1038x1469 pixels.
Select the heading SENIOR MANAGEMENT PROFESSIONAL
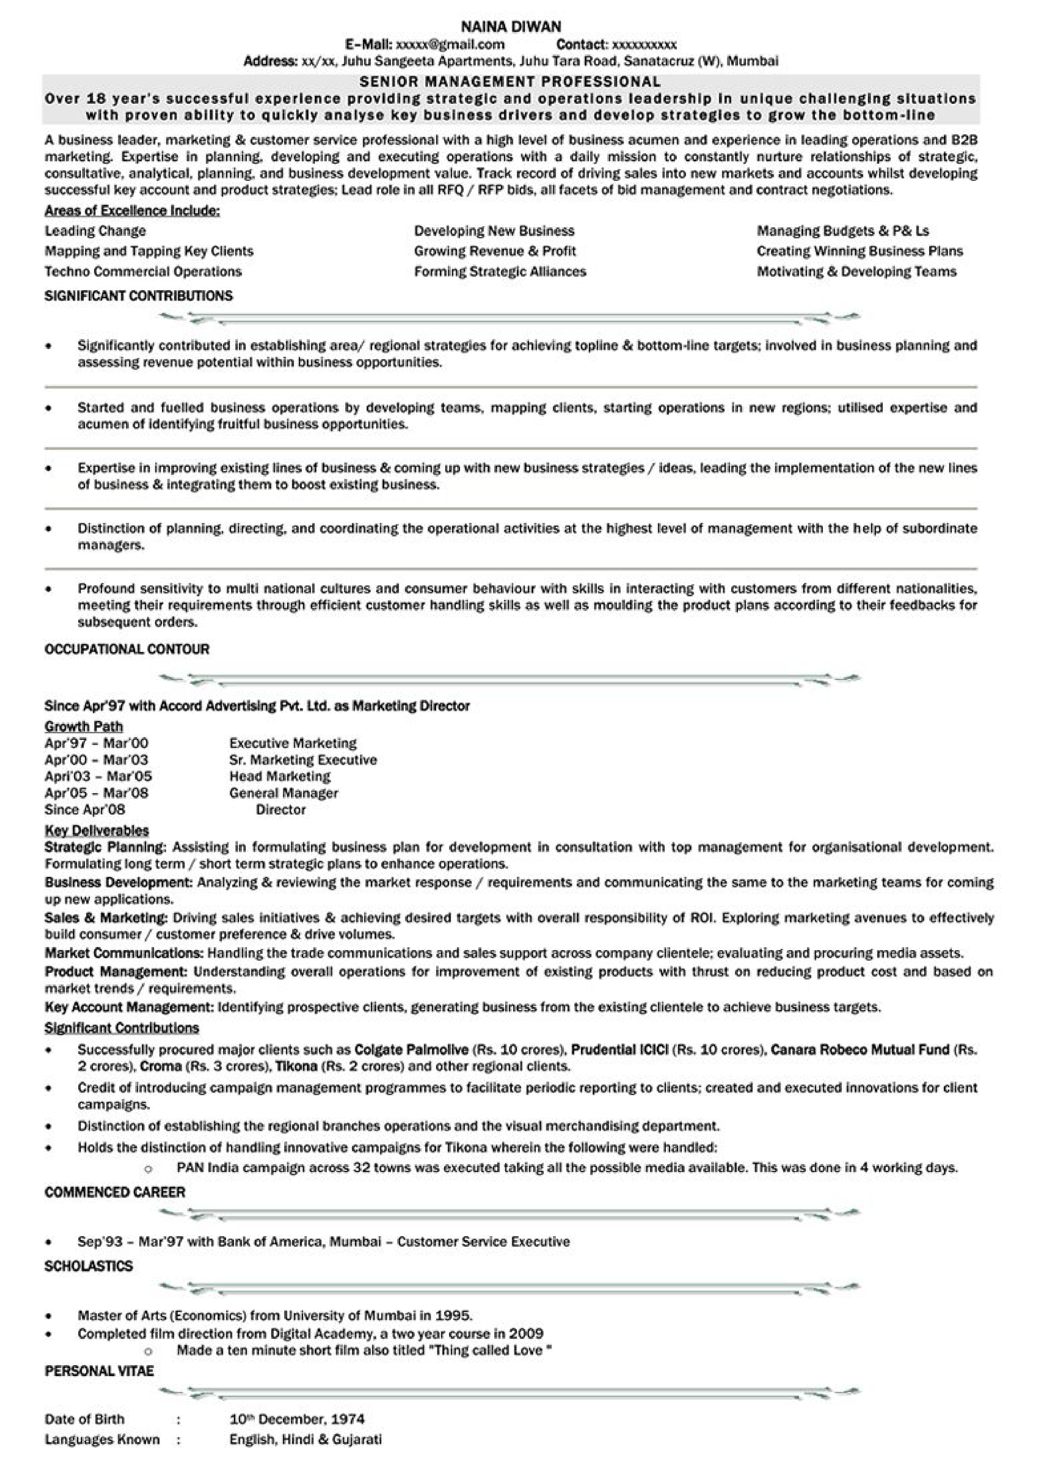click(x=510, y=81)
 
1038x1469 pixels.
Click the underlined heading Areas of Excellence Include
click(x=132, y=211)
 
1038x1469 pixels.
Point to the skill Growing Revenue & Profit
click(x=494, y=251)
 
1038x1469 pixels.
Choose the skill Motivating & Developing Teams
click(x=856, y=271)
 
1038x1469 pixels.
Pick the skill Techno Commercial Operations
click(x=143, y=271)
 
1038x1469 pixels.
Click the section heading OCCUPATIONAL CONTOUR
click(x=127, y=649)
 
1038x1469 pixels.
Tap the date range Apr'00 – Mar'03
click(x=97, y=760)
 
